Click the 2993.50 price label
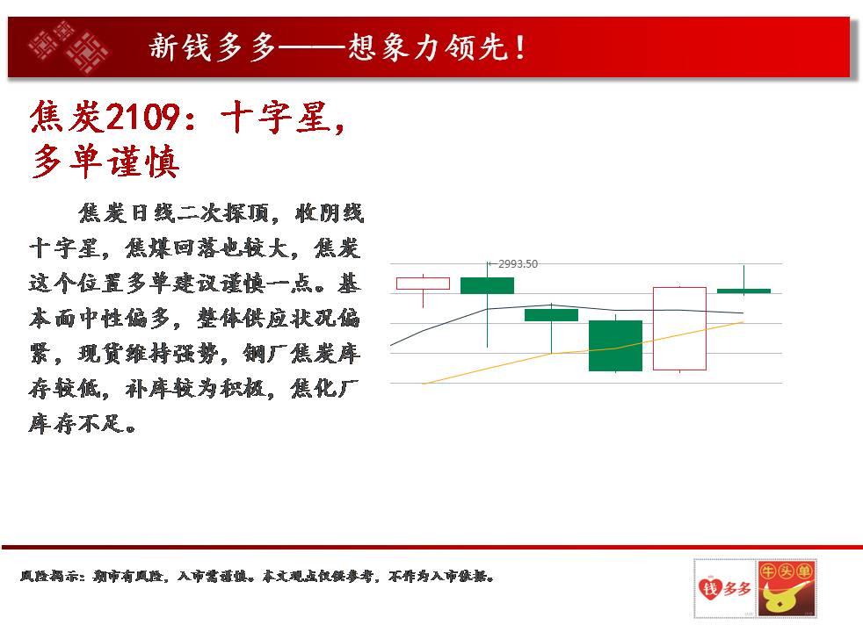click(x=518, y=264)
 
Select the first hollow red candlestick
click(x=424, y=284)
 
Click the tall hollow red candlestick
click(x=679, y=328)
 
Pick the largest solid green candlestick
click(x=615, y=346)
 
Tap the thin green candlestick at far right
click(x=743, y=291)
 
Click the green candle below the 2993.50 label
click(x=487, y=286)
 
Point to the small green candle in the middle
click(x=551, y=315)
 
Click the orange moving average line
click(x=583, y=352)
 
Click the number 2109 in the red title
click(x=143, y=117)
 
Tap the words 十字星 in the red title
click(x=275, y=117)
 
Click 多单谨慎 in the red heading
click(x=105, y=162)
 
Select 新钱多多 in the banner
click(x=213, y=47)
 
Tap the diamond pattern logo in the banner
click(x=69, y=47)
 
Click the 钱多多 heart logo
click(x=725, y=589)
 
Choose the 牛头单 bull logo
click(x=786, y=589)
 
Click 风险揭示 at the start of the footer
click(x=52, y=577)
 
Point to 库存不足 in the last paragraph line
click(x=83, y=423)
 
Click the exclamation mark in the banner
click(x=520, y=47)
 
